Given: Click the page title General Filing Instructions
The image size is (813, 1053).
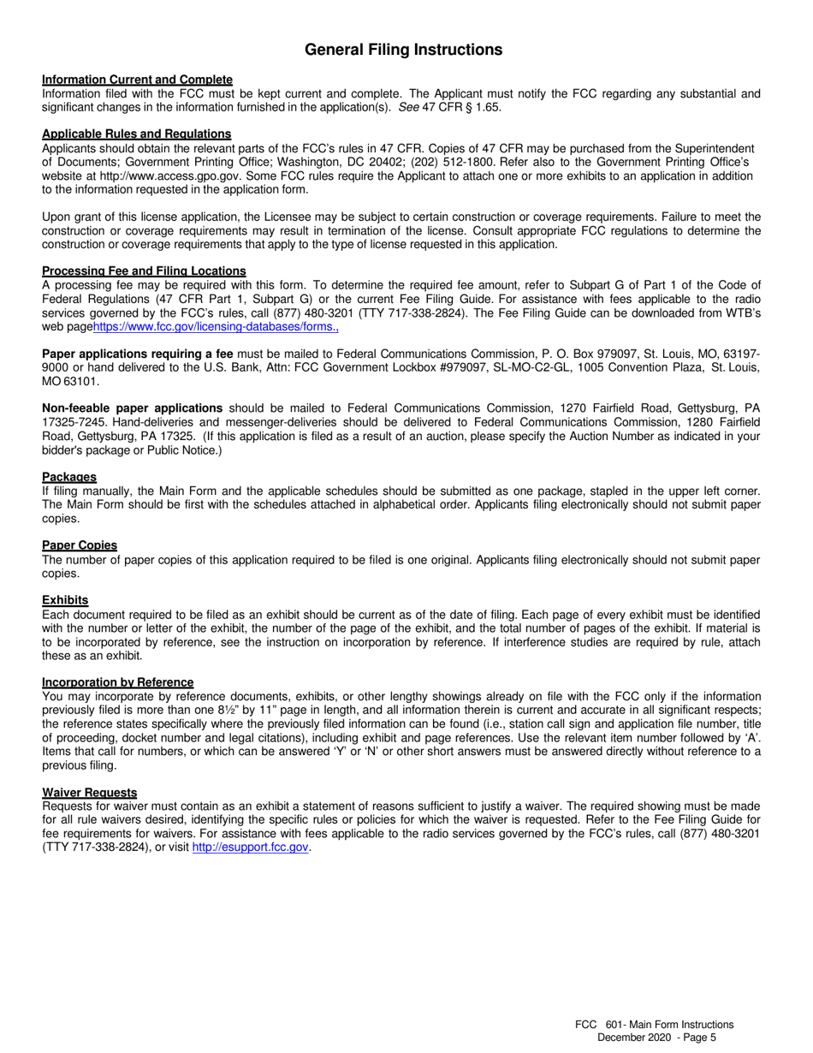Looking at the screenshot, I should point(404,51).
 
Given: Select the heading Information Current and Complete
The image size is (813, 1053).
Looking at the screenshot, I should point(137,80).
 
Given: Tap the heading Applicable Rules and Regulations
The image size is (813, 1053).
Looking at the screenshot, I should point(136,134).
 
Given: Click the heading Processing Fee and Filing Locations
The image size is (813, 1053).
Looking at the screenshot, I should point(144,271).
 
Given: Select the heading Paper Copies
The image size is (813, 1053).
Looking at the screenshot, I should point(80,545).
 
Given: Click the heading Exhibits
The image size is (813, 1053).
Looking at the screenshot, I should point(65,600).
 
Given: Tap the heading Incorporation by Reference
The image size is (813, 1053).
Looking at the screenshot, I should point(117,682).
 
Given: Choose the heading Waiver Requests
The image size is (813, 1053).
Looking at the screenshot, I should point(89,793).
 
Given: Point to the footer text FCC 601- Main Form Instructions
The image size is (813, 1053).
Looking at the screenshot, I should point(654,1024).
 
